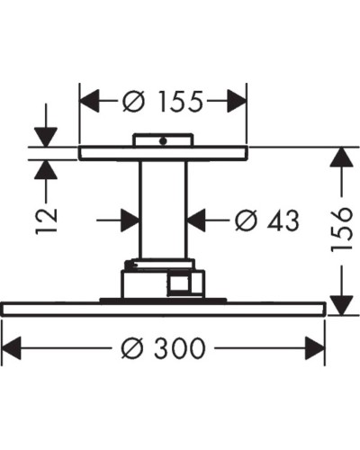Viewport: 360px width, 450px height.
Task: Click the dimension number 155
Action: [177, 101]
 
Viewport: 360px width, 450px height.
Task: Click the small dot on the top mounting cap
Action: [164, 140]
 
